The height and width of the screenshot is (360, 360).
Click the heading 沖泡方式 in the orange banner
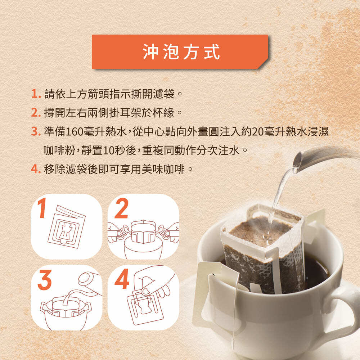181,52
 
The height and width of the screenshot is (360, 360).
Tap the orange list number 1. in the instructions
36,94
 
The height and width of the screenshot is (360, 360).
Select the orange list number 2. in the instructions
36,113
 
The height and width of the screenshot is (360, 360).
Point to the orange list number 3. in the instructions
36,131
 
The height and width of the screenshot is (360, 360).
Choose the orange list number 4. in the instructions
36,170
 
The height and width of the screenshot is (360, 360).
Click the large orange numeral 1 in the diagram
42,208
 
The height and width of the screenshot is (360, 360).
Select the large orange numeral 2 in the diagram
121,208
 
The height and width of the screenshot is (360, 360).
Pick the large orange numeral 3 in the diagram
45,280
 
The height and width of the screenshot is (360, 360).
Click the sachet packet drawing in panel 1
66,226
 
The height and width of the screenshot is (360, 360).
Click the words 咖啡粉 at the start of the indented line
59,151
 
